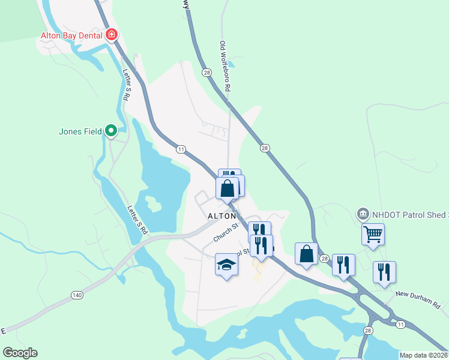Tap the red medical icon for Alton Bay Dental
click(111, 35)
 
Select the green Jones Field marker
click(111, 130)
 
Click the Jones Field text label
click(80, 130)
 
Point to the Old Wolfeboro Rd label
click(225, 66)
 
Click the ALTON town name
click(221, 215)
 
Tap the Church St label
click(226, 232)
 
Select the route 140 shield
click(76, 295)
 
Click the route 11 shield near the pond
click(179, 149)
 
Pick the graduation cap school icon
click(227, 265)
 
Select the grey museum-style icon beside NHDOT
click(363, 213)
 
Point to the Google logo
click(20, 352)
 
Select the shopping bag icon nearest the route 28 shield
click(306, 253)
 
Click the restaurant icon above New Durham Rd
click(384, 271)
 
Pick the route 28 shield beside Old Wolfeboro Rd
click(206, 73)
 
